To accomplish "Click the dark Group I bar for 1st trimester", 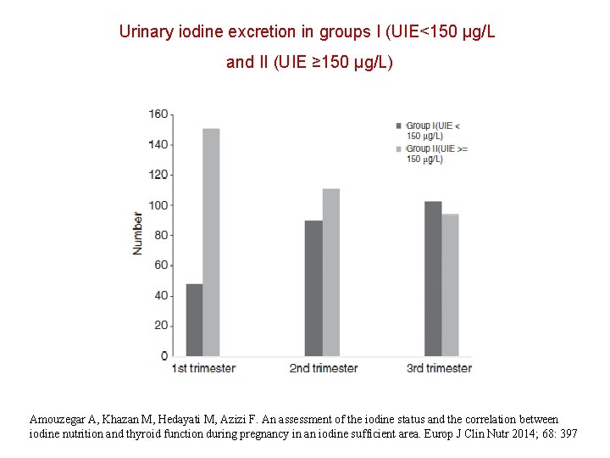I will [194, 320].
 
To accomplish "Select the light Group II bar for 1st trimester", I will [211, 242].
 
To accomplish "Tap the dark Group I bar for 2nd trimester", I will [313, 288].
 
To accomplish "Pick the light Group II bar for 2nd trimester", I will [330, 272].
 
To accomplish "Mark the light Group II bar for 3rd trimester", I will [450, 285].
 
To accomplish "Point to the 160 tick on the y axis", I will [158, 114].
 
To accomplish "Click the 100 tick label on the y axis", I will [158, 205].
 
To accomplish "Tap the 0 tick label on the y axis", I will [164, 356].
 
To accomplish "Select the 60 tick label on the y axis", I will [160, 265].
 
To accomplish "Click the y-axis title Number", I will [137, 233].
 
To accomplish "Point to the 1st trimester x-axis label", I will [203, 369].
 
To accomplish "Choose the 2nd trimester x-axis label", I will [324, 369].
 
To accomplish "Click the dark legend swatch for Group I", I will [399, 126].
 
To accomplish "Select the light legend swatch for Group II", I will [399, 148].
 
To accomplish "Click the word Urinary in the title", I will [147, 32].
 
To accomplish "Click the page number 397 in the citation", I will [568, 433].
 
